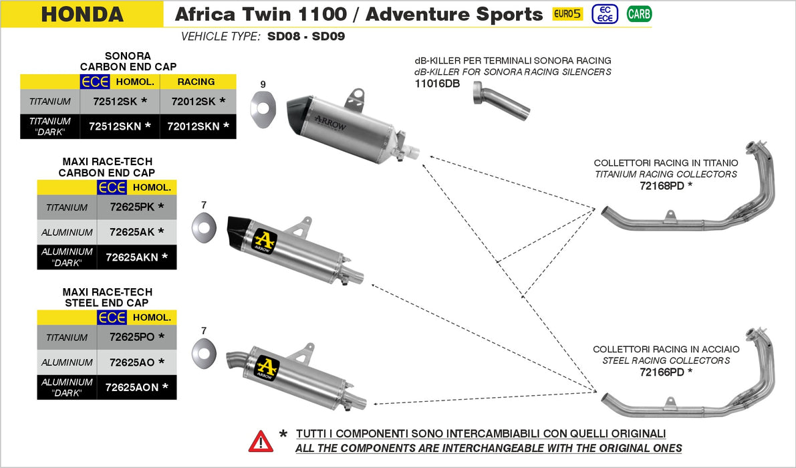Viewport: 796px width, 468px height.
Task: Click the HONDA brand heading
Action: tap(82, 14)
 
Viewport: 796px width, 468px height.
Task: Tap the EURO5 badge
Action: tap(566, 13)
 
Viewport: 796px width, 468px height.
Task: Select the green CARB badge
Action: tap(639, 13)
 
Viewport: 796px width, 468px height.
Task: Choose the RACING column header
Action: tap(196, 82)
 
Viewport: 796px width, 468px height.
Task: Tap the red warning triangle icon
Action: tap(261, 441)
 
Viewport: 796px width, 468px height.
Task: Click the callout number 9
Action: tap(263, 84)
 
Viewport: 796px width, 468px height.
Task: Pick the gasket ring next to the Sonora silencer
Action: tap(263, 106)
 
